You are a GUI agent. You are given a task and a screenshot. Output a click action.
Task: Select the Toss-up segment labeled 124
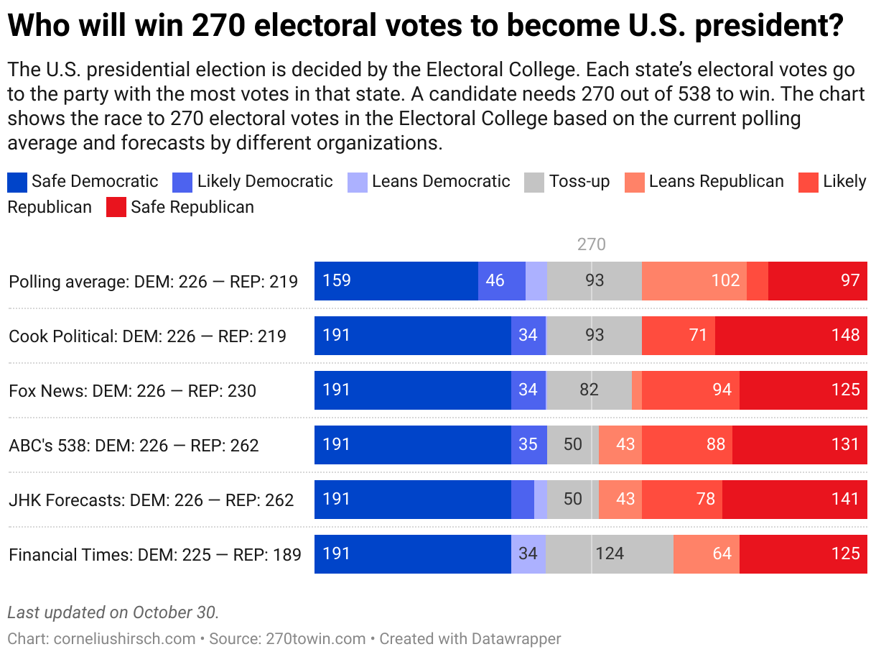coord(609,553)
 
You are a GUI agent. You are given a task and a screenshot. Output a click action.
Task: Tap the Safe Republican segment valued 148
coord(791,335)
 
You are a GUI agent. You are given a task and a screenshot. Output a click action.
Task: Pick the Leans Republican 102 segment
coord(694,280)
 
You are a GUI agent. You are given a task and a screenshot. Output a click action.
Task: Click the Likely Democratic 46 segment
coord(501,280)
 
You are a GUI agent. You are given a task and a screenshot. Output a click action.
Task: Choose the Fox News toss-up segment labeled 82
coord(589,390)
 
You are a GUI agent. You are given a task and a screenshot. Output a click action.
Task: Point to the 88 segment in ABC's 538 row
coord(687,444)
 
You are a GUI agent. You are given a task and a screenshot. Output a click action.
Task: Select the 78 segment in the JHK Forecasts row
coord(682,499)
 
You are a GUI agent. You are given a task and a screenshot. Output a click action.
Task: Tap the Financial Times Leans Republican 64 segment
coord(707,553)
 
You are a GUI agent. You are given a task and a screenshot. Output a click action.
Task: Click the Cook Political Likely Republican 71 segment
coord(679,335)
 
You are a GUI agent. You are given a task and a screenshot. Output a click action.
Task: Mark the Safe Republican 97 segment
coord(817,280)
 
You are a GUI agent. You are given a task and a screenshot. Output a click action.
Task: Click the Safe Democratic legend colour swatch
coord(17,182)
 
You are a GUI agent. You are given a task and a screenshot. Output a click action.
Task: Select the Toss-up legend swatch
coord(535,182)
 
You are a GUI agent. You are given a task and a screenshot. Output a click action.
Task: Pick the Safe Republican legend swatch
coord(116,208)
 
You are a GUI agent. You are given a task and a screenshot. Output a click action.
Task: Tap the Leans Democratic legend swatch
coord(357,182)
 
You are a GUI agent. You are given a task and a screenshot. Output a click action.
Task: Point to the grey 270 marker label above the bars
coord(592,245)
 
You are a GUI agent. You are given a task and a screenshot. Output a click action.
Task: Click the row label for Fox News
coord(132,391)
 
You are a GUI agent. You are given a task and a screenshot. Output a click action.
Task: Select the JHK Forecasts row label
coord(151,500)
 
